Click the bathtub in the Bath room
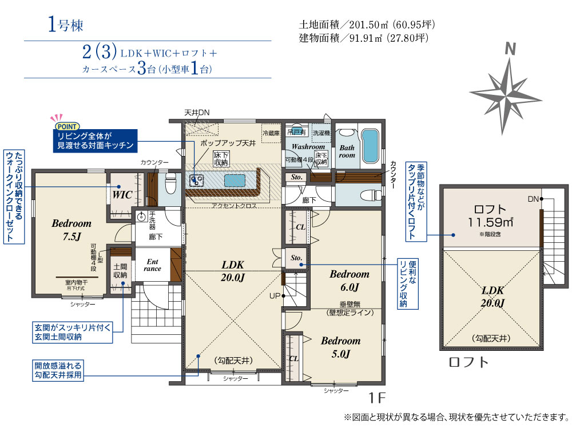point(370,146)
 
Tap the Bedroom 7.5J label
point(71,230)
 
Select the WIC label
point(122,195)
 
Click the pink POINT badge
point(67,126)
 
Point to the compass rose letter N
point(511,49)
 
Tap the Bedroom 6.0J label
point(349,281)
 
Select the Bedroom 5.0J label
point(341,347)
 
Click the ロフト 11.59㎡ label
point(491,216)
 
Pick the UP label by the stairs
point(275,296)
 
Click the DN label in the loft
point(533,199)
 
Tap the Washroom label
point(308,146)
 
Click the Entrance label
point(153,265)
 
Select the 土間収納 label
point(120,271)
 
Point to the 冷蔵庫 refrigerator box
point(271,133)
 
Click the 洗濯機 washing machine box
point(321,133)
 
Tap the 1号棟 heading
point(66,25)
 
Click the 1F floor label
point(377,398)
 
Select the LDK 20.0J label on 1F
point(232,271)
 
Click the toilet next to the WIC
point(170,183)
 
